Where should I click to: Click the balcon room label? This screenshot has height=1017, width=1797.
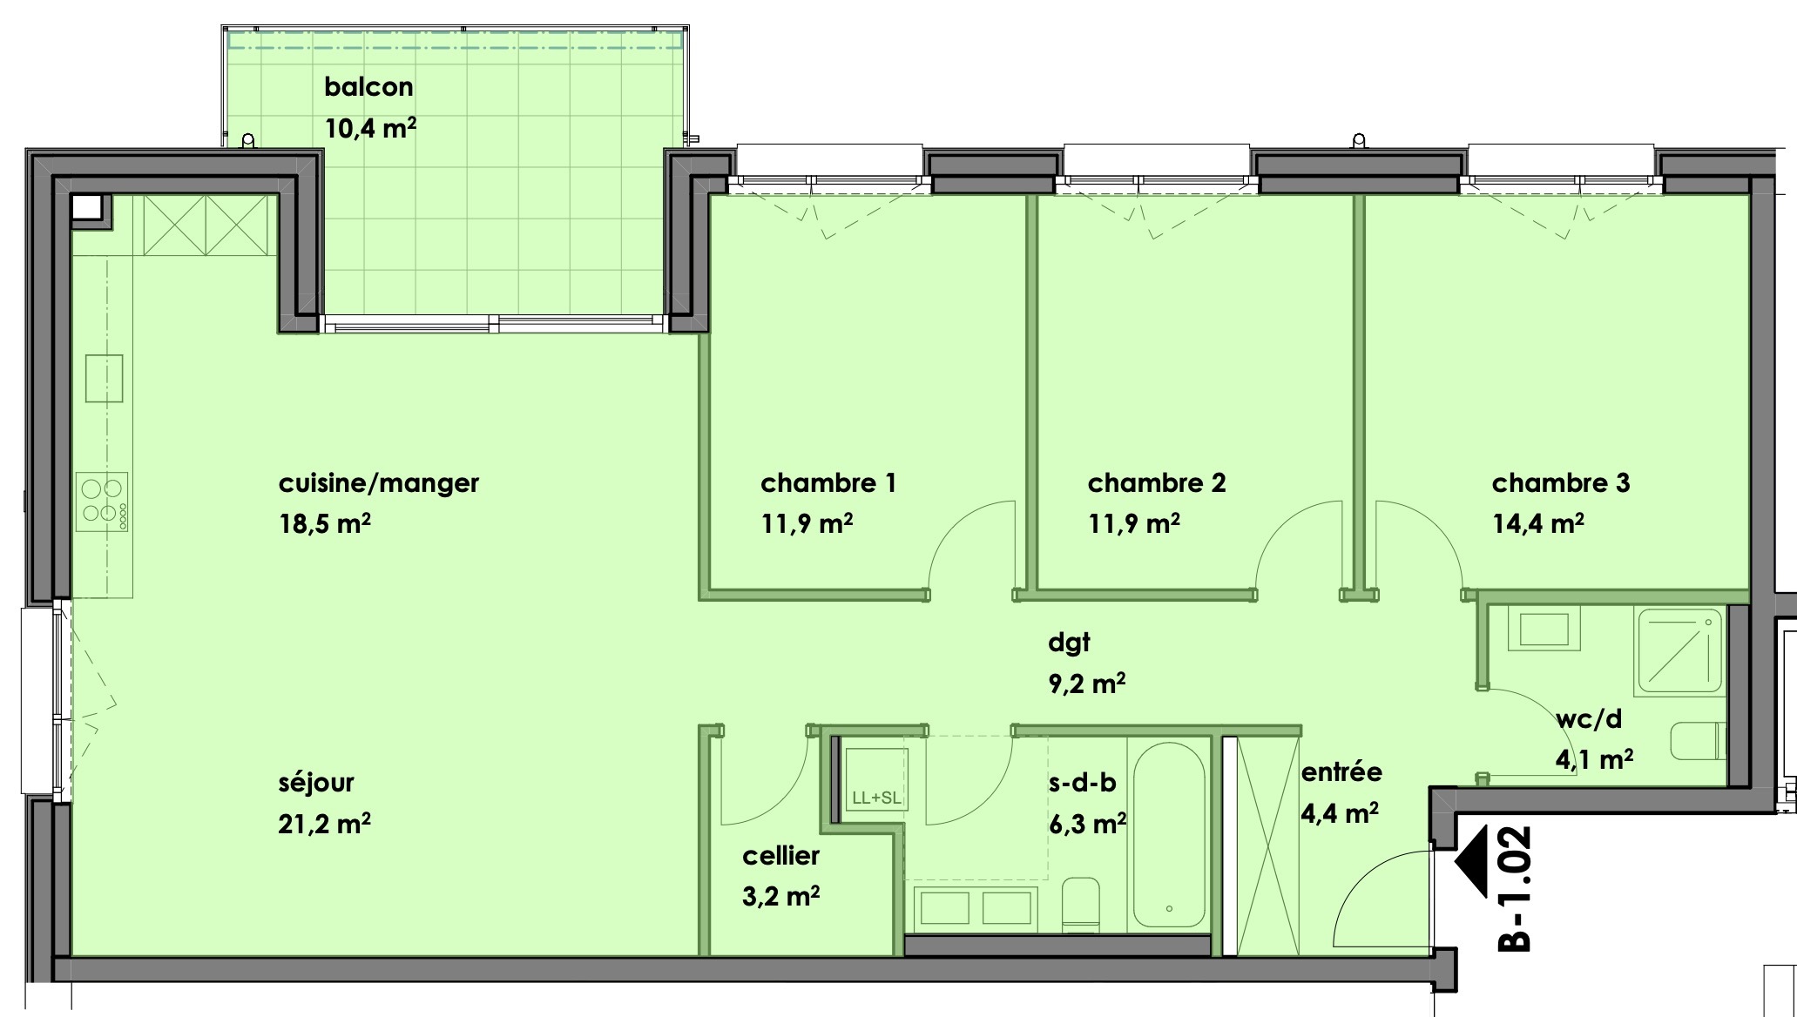(x=368, y=87)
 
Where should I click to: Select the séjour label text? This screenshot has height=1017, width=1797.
(x=316, y=782)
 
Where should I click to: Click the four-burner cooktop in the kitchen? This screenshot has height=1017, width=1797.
(x=103, y=501)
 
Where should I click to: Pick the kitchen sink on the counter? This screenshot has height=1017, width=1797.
(x=104, y=378)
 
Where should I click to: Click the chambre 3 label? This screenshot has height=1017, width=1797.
(x=1560, y=482)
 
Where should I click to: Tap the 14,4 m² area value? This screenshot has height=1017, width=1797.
(x=1537, y=523)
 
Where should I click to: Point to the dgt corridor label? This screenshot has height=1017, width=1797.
(x=1069, y=643)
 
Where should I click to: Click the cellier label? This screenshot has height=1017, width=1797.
(x=780, y=855)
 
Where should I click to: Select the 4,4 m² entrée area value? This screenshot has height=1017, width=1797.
(x=1340, y=813)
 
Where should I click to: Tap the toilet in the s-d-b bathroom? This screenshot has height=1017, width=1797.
(x=1081, y=901)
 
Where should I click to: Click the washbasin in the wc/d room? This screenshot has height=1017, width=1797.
(x=1549, y=628)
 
